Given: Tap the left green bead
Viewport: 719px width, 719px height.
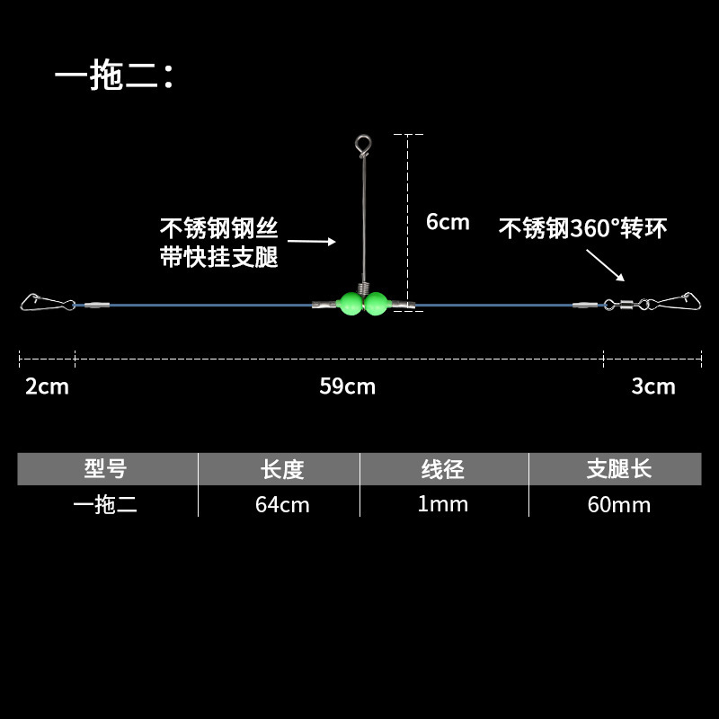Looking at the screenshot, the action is pos(350,303).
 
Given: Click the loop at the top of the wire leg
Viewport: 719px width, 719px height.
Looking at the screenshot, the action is pos(361,143).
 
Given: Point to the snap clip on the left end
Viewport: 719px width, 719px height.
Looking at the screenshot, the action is pos(37,302).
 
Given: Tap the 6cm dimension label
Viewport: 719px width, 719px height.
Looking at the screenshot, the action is pos(447,222).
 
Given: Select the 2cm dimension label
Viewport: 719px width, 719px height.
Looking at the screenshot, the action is pos(47,386).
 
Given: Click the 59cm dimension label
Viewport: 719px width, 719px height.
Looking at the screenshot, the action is pos(347,386).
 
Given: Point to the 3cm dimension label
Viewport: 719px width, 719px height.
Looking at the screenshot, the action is pos(652,386).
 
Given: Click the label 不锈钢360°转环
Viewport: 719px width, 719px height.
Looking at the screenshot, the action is pos(582,229).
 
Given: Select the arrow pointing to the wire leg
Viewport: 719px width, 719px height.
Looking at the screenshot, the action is pos(312,241).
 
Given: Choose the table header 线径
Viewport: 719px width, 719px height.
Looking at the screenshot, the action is pos(443,468).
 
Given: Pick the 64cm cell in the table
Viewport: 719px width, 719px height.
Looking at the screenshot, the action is pos(281,504).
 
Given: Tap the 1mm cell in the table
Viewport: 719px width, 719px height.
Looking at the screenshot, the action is pos(443,504).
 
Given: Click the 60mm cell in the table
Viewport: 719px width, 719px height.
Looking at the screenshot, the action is pos(618,504).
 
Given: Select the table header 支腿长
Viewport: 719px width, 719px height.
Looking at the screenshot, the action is pos(618,468).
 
